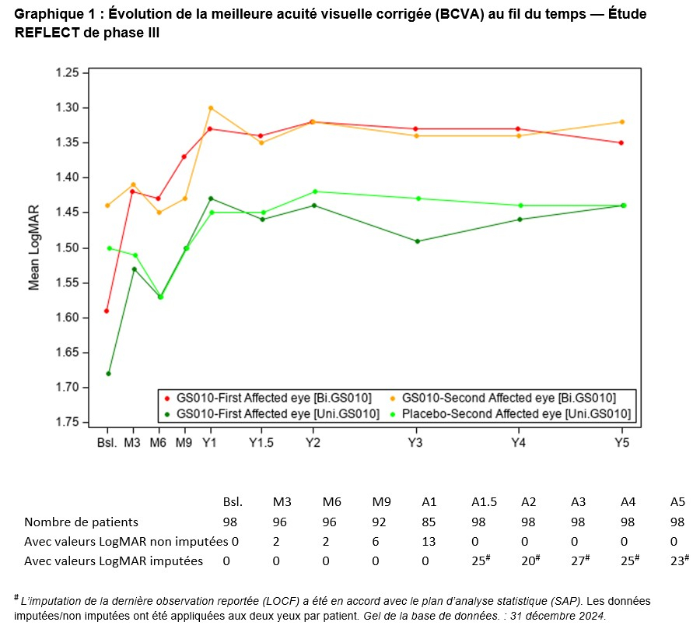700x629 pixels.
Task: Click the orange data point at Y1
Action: tap(211, 107)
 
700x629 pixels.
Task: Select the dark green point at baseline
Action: tap(108, 374)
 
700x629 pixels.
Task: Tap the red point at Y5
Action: tap(621, 142)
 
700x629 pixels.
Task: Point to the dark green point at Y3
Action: tap(417, 241)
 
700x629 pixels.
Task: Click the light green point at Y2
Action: tap(313, 192)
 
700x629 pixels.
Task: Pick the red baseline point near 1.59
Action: tap(107, 311)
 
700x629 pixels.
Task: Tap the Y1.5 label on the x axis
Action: tap(261, 443)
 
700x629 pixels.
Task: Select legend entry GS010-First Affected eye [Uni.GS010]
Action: tap(278, 413)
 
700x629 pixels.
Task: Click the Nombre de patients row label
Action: tap(81, 522)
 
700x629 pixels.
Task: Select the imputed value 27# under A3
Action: tap(579, 560)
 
